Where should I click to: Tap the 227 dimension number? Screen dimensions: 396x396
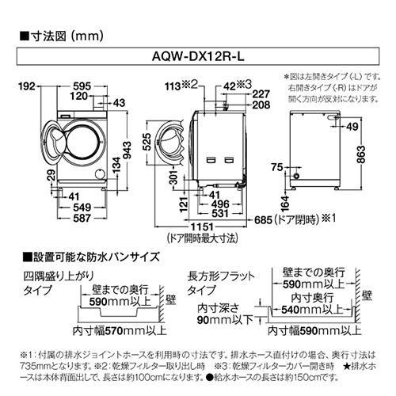point(261,92)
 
